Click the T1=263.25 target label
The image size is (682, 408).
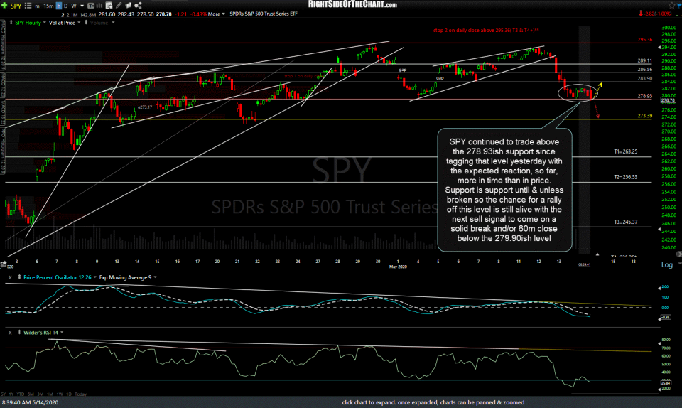tap(625, 152)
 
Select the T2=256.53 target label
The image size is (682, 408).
tap(625, 177)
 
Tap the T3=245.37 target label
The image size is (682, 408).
tap(625, 222)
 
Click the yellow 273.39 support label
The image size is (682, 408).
tap(644, 116)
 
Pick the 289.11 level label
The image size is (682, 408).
tap(644, 61)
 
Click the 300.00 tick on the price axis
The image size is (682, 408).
tap(667, 26)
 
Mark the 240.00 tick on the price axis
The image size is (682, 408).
tap(667, 248)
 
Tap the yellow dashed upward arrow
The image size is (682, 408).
tap(600, 85)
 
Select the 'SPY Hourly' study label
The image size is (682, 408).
tap(28, 23)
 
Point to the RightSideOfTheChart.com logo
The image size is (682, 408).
tap(342, 6)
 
